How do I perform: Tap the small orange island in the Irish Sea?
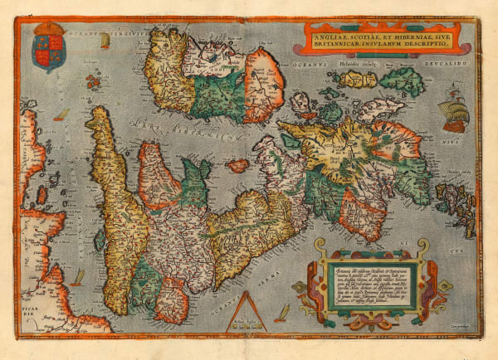[x=238, y=165]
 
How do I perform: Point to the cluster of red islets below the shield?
[x=92, y=80]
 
